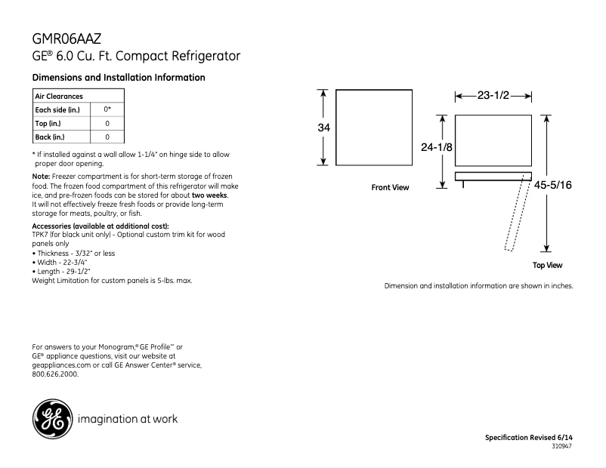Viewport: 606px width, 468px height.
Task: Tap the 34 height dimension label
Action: point(323,128)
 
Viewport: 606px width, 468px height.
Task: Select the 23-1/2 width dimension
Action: point(493,96)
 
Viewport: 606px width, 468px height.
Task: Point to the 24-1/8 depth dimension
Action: point(436,147)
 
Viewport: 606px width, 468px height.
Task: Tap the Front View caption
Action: point(390,188)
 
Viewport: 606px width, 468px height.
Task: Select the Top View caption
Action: point(547,265)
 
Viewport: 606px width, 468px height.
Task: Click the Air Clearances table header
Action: point(59,96)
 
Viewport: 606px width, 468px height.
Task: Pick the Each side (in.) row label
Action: point(57,109)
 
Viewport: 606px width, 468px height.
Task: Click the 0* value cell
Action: point(107,109)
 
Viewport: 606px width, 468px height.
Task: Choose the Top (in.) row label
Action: point(48,123)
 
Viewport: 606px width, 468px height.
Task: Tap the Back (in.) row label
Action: point(50,137)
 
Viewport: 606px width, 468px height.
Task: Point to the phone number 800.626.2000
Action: point(55,374)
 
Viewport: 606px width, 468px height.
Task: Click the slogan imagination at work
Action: point(128,418)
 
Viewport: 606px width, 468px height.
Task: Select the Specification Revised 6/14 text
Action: point(528,438)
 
